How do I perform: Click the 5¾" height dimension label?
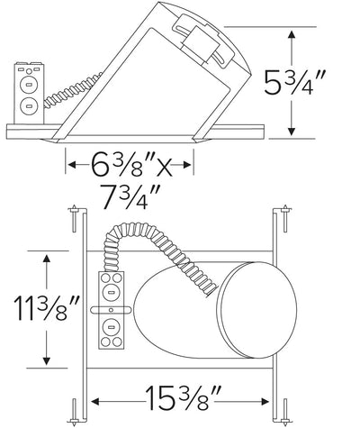point(294,83)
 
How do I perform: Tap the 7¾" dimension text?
point(130,196)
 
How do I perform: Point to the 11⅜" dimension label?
point(48,308)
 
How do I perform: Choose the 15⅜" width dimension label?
point(184,397)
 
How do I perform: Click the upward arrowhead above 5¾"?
point(291,34)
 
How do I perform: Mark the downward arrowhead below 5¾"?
point(291,131)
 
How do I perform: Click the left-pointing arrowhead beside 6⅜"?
point(72,165)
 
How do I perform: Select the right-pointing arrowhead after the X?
point(186,165)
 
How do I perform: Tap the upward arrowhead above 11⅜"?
point(46,260)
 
